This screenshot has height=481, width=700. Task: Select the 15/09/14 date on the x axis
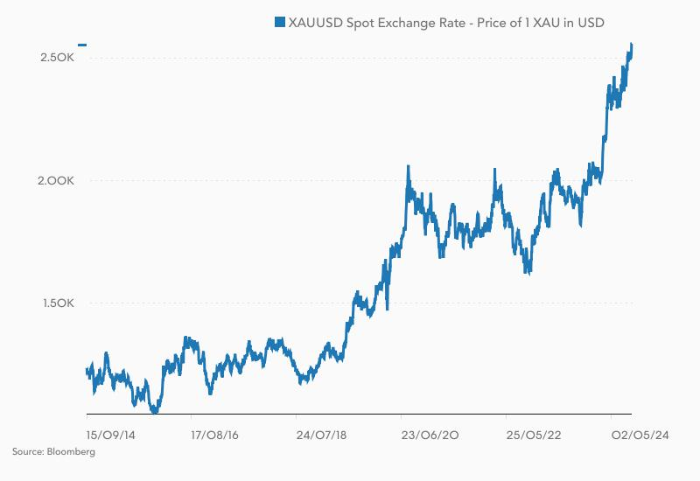coord(110,434)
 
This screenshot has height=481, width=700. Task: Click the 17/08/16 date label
coord(214,434)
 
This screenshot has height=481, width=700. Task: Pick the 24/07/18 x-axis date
coord(320,434)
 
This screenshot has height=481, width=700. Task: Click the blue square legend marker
coord(280,22)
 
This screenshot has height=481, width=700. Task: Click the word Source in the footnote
coord(27,452)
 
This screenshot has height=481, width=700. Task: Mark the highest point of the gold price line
coord(631,45)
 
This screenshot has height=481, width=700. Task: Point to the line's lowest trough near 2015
coord(155,409)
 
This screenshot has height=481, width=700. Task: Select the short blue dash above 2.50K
coord(82,45)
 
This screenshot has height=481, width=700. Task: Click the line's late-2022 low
coord(528,272)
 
